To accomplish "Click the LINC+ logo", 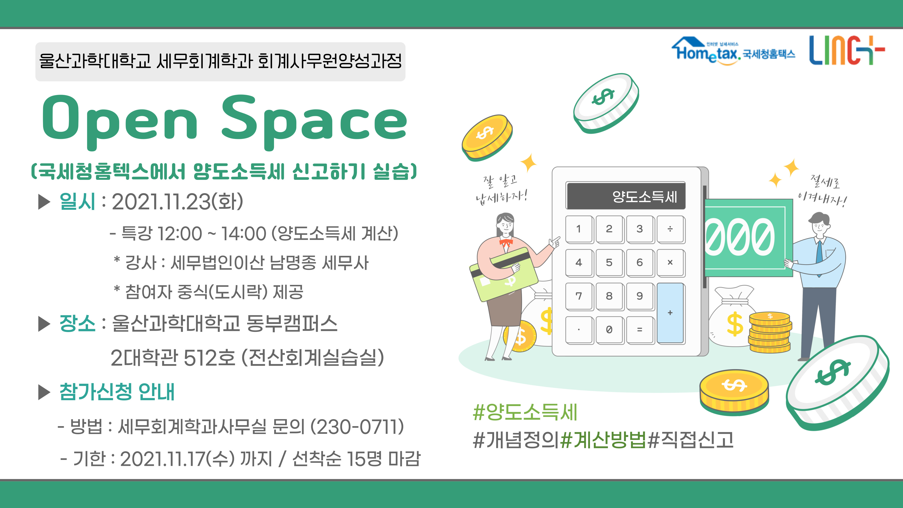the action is (847, 50).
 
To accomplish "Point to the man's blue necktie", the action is (820, 252).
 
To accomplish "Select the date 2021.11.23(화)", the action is (177, 202).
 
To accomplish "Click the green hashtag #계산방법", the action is (603, 440).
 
